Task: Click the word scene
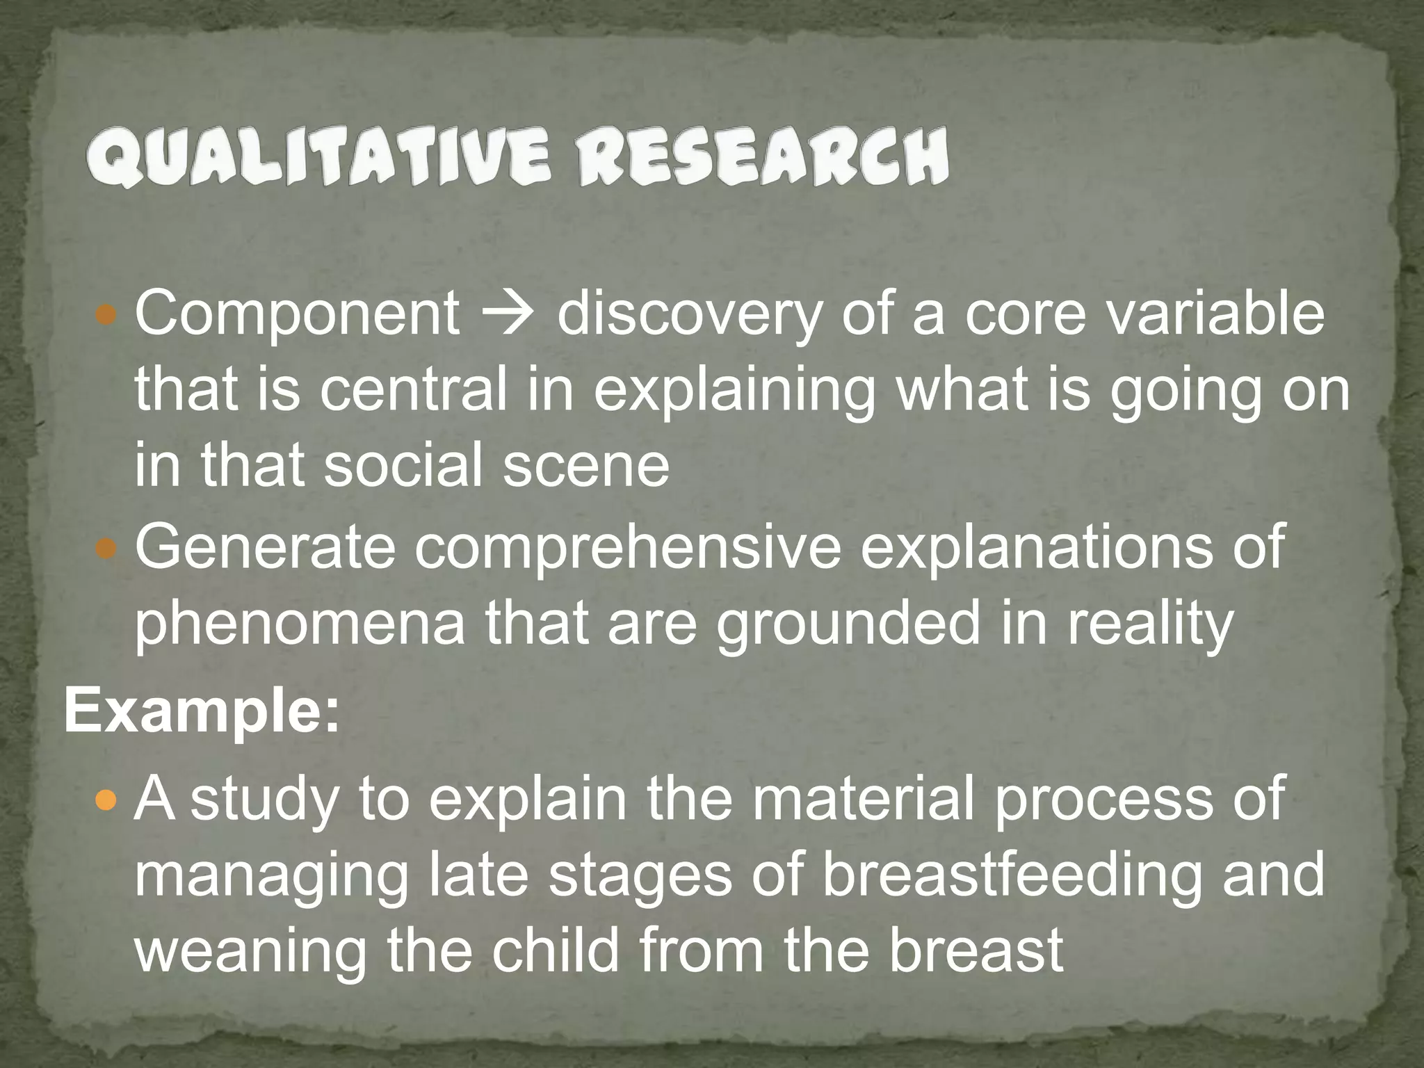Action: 585,465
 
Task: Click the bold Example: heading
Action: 202,713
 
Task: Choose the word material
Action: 862,799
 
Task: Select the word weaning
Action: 250,950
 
